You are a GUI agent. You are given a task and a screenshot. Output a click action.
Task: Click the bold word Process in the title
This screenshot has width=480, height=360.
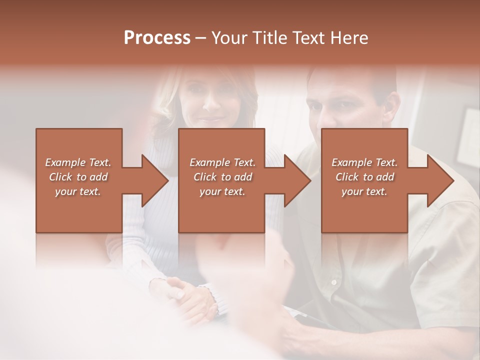[x=157, y=38]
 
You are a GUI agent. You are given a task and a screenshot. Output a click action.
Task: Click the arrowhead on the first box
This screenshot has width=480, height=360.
[x=152, y=180]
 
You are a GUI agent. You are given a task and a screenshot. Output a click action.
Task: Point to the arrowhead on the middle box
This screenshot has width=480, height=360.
[x=295, y=180]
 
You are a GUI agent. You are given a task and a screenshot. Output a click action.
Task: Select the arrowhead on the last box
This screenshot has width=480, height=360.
[x=438, y=180]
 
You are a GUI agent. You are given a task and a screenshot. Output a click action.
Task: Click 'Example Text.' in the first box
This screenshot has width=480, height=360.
[x=78, y=162]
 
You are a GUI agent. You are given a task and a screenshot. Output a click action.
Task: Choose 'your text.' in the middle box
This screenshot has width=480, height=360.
[x=222, y=191]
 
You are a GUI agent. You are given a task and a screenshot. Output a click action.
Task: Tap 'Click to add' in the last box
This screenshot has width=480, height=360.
[x=364, y=177]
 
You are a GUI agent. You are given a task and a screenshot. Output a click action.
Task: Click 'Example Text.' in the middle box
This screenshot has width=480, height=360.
[x=222, y=162]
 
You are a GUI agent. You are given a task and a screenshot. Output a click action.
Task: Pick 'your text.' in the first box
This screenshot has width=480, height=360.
[x=78, y=191]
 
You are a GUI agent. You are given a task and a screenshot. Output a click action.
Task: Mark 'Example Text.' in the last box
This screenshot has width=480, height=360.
[x=364, y=162]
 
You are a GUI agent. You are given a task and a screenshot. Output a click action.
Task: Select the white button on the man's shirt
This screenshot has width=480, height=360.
[x=333, y=282]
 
